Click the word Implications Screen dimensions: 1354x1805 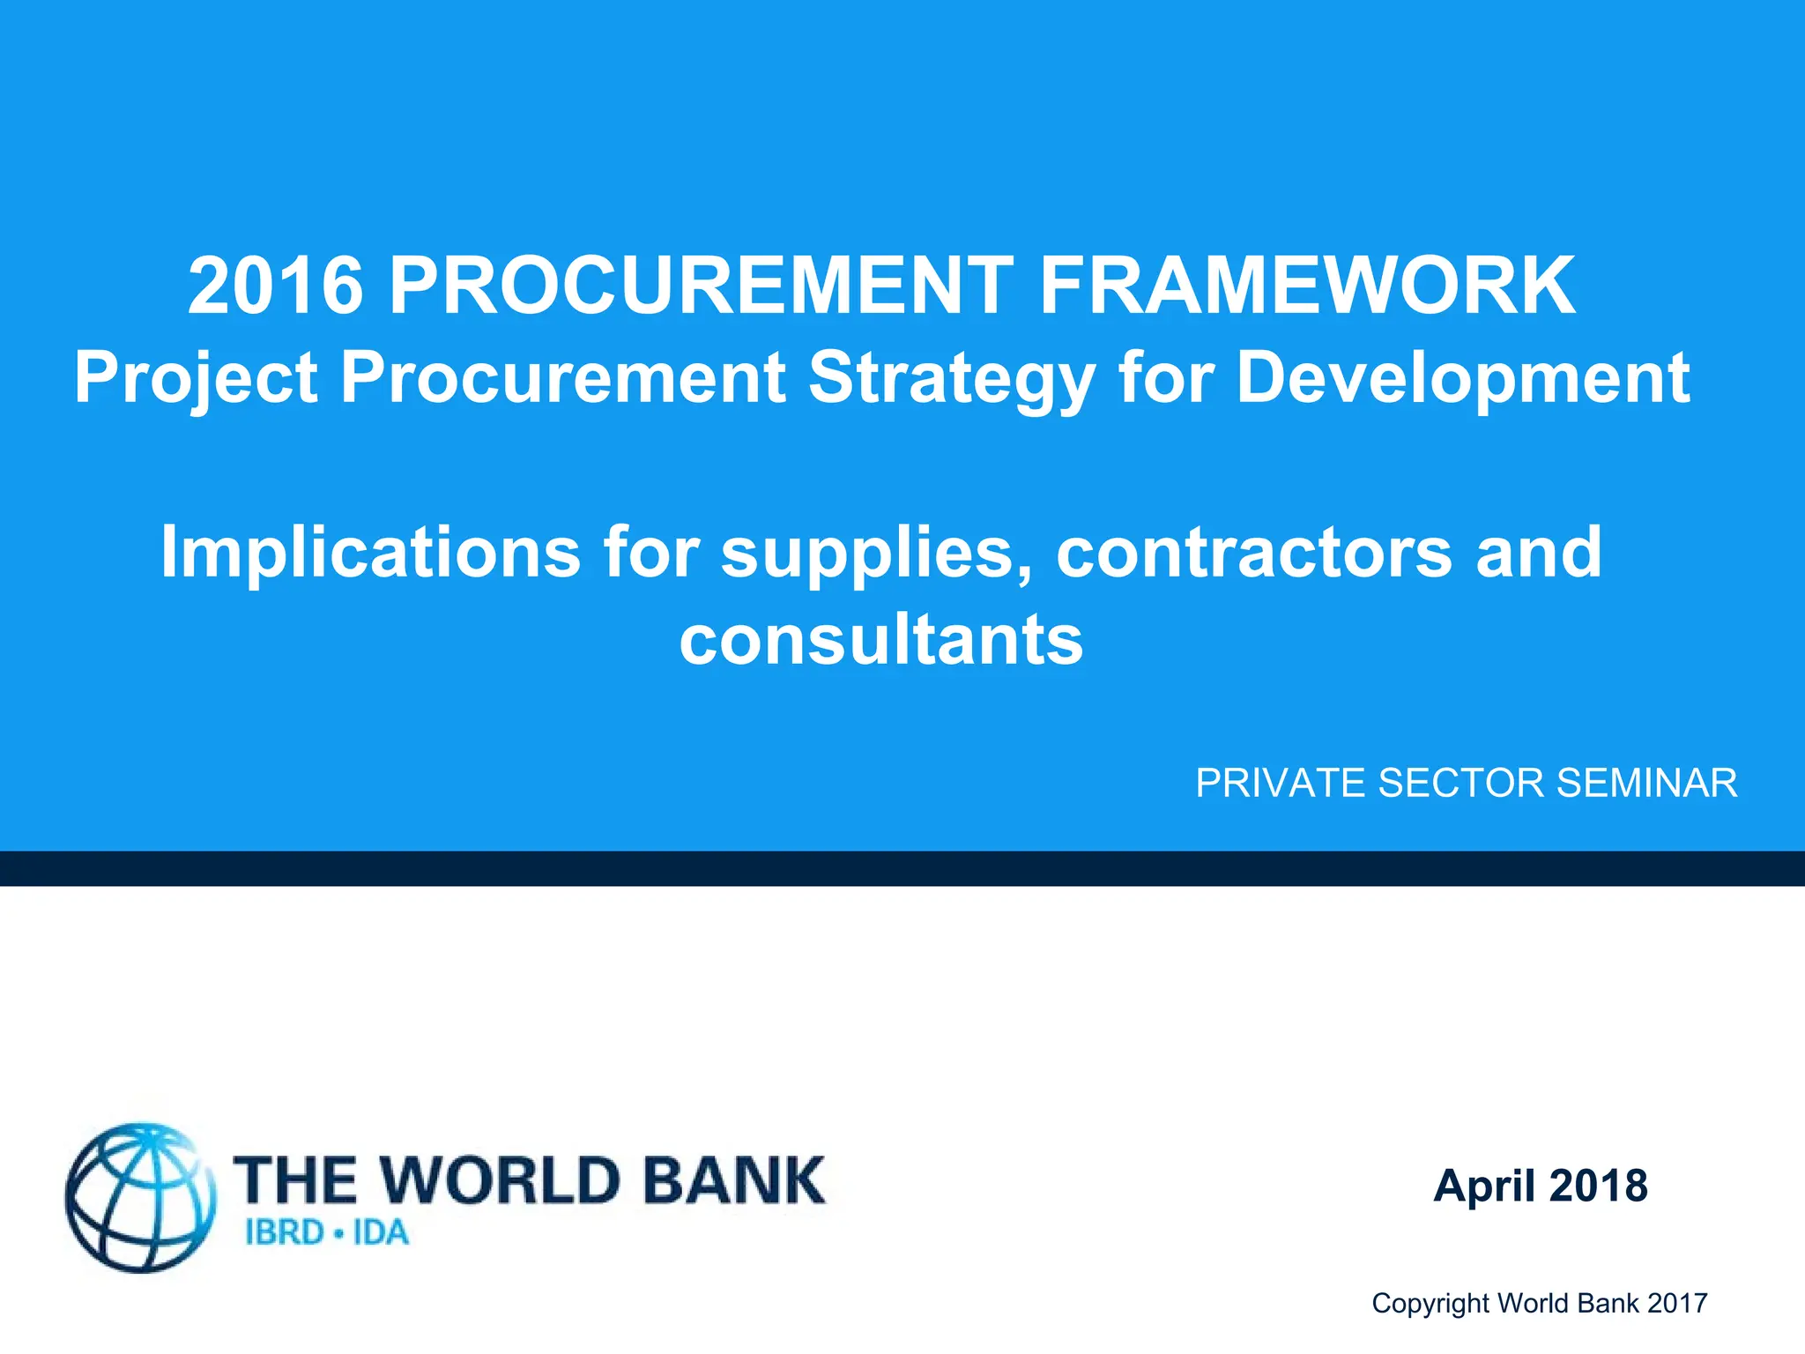(370, 552)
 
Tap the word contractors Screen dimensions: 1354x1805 (1253, 552)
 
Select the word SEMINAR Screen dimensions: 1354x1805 (1646, 783)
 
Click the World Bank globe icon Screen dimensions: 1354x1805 (141, 1197)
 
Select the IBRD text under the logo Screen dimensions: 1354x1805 (284, 1232)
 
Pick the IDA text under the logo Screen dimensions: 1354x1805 (381, 1232)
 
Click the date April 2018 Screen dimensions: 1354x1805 (1541, 1186)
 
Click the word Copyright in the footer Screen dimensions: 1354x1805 (1430, 1303)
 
